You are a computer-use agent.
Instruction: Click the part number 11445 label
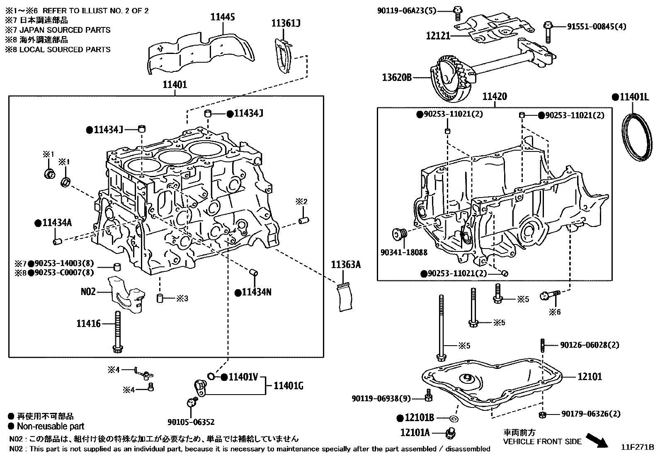223,17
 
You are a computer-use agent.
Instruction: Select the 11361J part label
286,23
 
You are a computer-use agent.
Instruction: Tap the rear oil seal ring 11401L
637,137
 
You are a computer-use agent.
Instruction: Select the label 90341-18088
403,252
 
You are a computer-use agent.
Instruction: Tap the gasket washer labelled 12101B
454,418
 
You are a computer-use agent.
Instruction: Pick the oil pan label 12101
590,376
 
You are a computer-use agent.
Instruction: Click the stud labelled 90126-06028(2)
542,345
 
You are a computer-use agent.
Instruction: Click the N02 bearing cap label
88,291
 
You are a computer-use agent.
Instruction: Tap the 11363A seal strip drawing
346,296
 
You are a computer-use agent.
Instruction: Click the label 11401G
289,386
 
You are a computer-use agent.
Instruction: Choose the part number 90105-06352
191,422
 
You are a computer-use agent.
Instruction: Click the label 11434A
57,223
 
